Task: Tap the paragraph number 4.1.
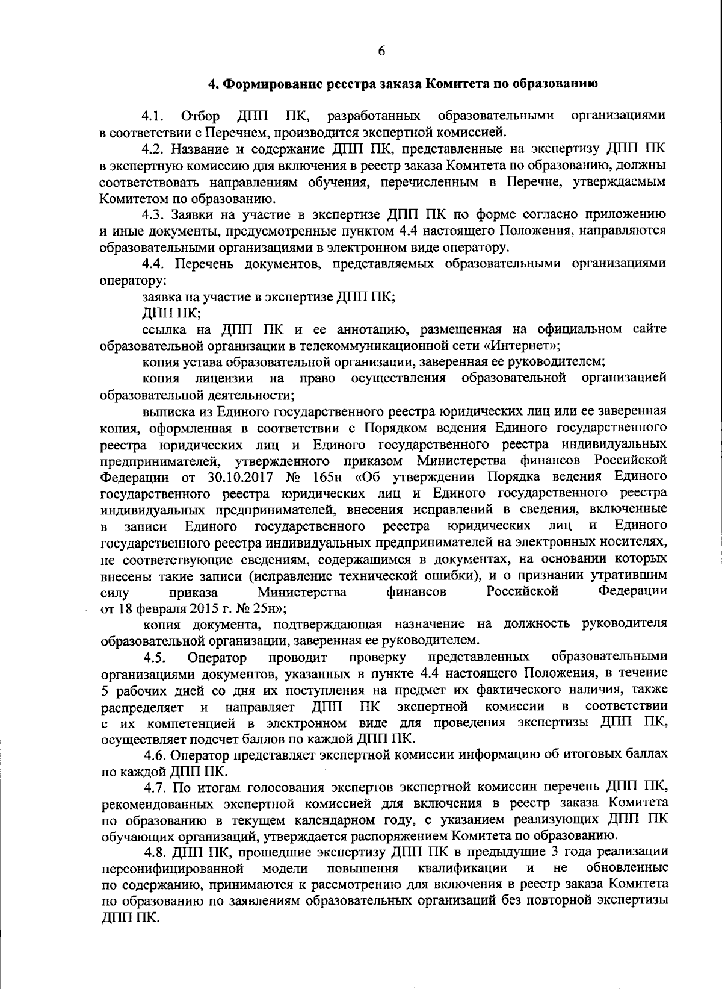pos(153,116)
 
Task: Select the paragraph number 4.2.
pos(153,149)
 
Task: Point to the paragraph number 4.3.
pos(153,214)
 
